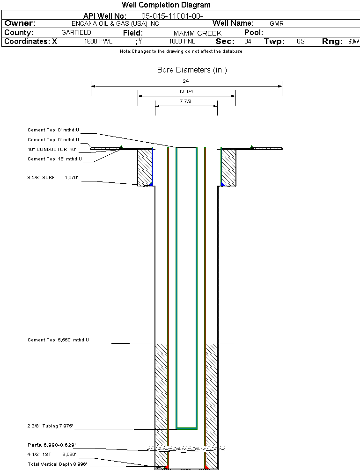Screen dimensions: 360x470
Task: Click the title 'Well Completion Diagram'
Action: coord(166,5)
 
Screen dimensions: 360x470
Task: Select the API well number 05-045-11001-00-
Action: coord(172,16)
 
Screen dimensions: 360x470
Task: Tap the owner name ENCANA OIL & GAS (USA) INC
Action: coord(115,24)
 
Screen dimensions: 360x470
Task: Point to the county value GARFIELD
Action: coord(76,32)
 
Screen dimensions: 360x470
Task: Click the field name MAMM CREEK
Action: coord(198,33)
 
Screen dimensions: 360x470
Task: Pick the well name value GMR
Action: coord(276,23)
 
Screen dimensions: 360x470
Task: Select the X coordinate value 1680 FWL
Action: coord(98,41)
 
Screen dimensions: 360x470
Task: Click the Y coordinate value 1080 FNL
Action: coord(182,41)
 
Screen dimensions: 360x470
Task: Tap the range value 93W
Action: coord(353,41)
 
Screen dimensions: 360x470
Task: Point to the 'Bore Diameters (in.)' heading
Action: coord(192,70)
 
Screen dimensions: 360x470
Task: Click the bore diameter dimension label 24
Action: coord(186,81)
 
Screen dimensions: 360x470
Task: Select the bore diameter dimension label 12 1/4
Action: coord(186,91)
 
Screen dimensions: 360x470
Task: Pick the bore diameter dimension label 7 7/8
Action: coord(186,101)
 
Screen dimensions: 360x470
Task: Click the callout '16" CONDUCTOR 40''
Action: coord(52,149)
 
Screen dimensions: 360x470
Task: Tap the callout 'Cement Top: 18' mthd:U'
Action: coord(55,159)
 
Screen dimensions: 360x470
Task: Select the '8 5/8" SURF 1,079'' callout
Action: coord(53,177)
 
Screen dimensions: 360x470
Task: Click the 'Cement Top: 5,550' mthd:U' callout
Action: coord(58,340)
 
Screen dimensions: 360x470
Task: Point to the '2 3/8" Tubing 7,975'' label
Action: coord(50,426)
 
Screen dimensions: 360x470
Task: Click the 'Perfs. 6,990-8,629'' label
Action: coord(51,445)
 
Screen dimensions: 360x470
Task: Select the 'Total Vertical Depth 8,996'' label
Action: coord(57,464)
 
